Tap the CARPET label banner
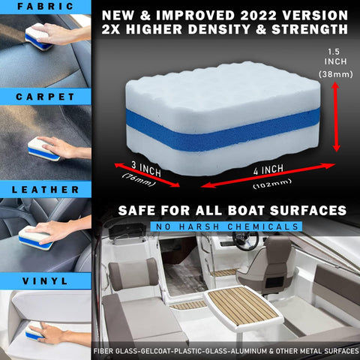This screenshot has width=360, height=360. tap(45, 97)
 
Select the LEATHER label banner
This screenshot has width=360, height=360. tap(45, 190)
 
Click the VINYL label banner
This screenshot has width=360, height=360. tap(45, 281)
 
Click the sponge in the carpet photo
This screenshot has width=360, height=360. tap(43, 146)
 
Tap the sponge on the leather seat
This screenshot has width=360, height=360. tap(35, 239)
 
